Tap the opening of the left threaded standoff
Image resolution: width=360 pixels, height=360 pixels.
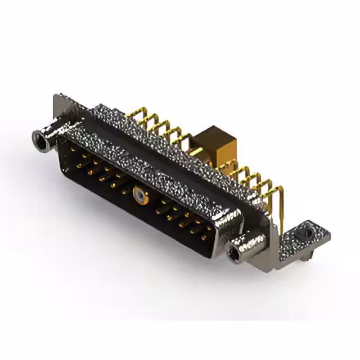pyautogui.click(x=40, y=137)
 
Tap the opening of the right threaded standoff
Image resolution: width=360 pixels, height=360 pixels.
pyautogui.click(x=232, y=255)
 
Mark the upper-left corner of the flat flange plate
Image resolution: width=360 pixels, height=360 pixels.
pyautogui.click(x=56, y=97)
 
